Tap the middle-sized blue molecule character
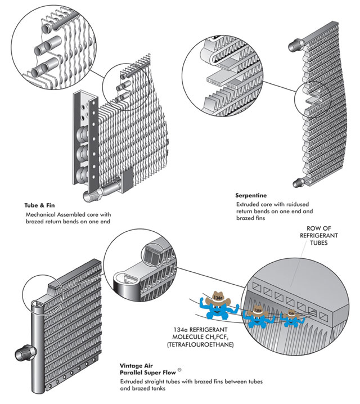click(x=256, y=313)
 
